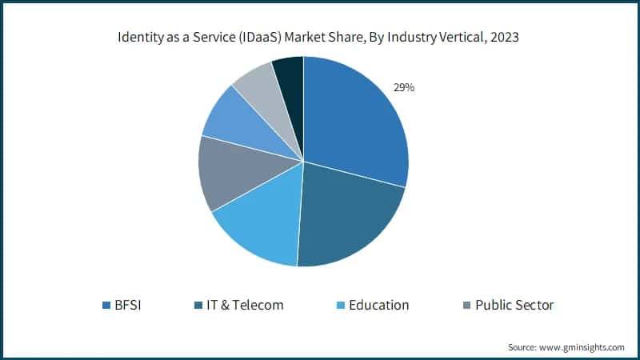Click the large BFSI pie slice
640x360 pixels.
356,120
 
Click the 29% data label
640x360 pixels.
402,88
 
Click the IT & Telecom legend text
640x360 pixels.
243,305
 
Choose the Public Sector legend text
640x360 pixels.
514,305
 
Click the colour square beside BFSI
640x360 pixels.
106,306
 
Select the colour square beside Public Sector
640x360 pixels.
466,306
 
